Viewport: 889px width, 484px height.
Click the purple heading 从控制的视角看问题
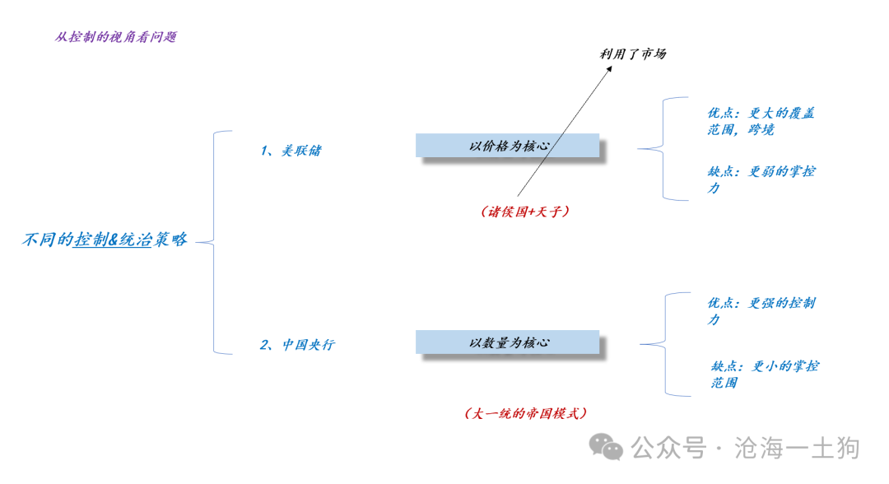[x=116, y=37]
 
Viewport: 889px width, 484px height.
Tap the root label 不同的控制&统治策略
[x=105, y=240]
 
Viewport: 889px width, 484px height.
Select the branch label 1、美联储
[x=291, y=150]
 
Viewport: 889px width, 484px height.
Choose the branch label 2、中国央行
[x=297, y=345]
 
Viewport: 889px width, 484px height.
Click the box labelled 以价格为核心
[x=507, y=146]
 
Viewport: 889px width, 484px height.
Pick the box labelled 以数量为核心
[x=507, y=342]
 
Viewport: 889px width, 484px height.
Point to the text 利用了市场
[x=633, y=54]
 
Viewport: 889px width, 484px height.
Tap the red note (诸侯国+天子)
[x=524, y=212]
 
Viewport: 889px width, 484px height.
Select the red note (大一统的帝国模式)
[x=525, y=413]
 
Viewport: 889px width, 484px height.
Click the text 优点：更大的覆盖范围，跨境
[x=761, y=121]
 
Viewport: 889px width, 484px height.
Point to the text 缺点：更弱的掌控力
[x=761, y=179]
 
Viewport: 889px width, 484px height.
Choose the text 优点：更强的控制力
[x=761, y=311]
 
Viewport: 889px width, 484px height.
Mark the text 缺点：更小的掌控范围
[x=764, y=374]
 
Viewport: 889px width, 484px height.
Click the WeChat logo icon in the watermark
[x=606, y=447]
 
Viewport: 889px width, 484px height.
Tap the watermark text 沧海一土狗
[x=797, y=448]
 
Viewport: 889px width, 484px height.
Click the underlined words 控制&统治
[x=113, y=240]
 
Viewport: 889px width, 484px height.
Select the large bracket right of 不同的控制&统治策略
[x=214, y=243]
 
